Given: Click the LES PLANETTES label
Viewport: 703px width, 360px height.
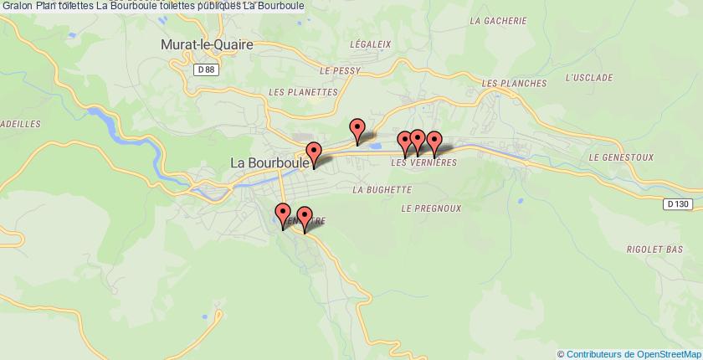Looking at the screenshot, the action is (302, 92).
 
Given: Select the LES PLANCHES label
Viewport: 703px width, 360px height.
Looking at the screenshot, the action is (514, 84).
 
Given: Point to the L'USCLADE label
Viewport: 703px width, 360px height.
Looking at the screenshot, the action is (585, 78).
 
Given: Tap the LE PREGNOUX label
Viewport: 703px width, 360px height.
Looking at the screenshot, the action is (432, 207).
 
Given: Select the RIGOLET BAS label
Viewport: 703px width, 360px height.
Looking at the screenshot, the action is (656, 249).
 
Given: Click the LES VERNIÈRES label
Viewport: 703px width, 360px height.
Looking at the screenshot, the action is (423, 162).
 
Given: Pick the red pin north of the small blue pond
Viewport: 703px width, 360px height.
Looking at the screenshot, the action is (358, 130).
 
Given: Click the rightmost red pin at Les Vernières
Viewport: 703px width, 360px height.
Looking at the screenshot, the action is (434, 141).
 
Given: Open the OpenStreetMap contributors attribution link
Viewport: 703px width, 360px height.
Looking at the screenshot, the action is (631, 353).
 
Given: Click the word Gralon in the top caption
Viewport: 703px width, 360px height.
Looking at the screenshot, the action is (17, 6).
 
